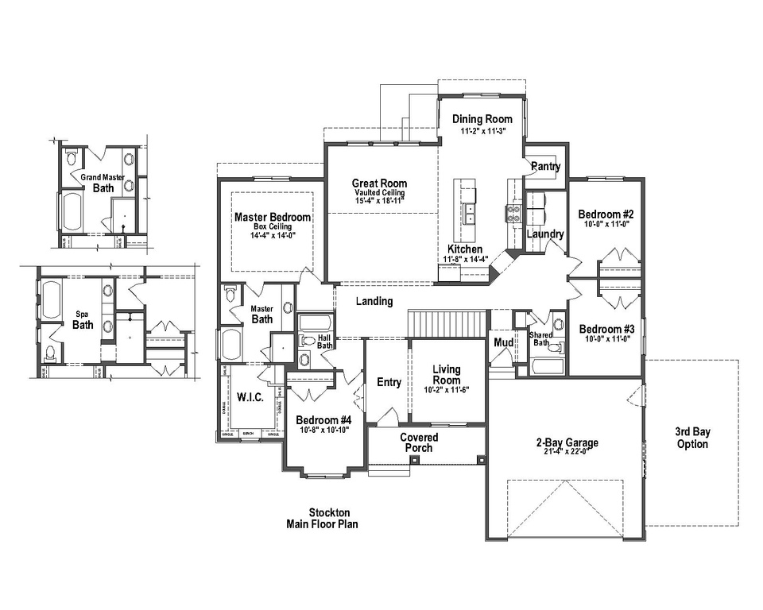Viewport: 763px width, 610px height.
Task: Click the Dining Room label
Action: [x=482, y=119]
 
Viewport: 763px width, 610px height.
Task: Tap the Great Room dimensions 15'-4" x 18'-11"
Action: [x=380, y=202]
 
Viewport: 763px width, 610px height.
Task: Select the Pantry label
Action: [x=545, y=167]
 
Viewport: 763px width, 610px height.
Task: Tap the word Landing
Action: [x=374, y=301]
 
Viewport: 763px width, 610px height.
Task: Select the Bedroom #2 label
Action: [x=606, y=214]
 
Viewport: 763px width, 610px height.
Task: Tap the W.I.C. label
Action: [x=251, y=397]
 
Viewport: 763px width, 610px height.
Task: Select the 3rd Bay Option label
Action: [x=692, y=438]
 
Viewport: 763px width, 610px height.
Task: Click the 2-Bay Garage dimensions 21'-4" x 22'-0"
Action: [x=567, y=453]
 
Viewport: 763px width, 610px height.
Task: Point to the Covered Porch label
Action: [x=419, y=442]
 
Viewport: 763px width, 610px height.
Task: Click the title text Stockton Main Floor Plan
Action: [x=323, y=519]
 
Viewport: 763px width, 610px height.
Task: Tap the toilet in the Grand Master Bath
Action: [x=71, y=155]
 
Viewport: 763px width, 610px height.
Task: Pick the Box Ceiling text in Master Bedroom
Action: [x=272, y=226]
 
